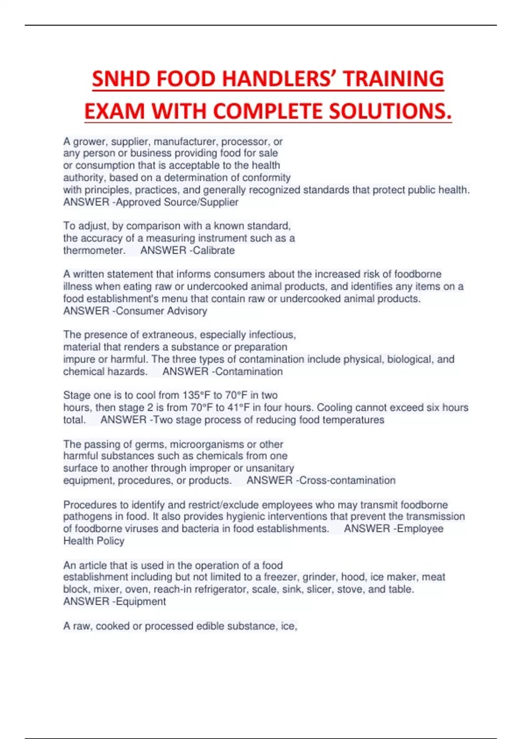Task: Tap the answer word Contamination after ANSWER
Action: [249, 372]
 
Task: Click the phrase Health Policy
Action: [94, 541]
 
